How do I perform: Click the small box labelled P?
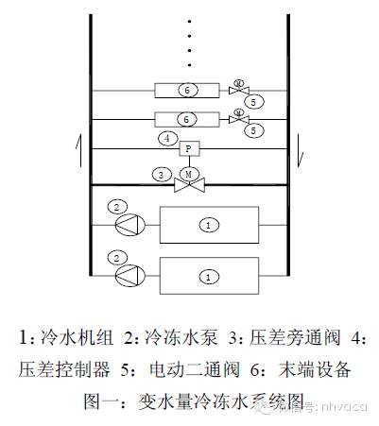(x=187, y=148)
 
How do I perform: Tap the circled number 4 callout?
(x=167, y=139)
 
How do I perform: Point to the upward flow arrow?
(x=68, y=148)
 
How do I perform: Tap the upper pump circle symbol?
(x=126, y=225)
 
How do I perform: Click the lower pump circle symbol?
(x=126, y=276)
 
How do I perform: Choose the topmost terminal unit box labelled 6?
(x=187, y=92)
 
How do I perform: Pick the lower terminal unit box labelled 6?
(x=187, y=119)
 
